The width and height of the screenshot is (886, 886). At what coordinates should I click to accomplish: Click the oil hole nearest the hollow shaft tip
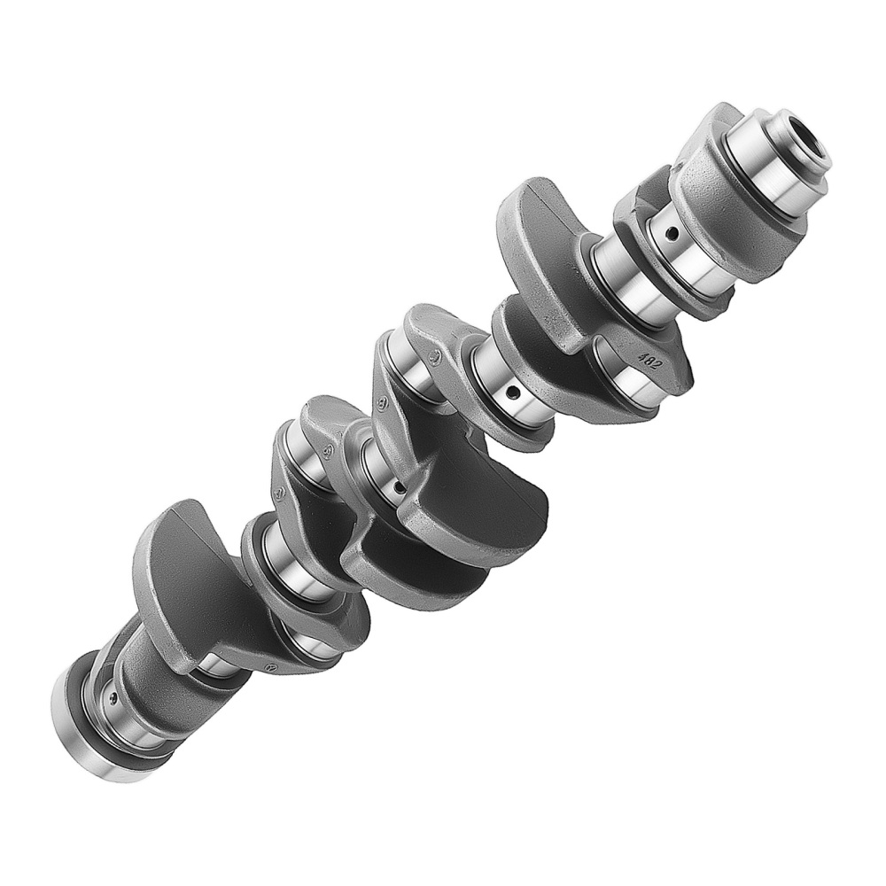pyautogui.click(x=672, y=234)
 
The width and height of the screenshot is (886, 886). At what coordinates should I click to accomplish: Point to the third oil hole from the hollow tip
pyautogui.click(x=399, y=486)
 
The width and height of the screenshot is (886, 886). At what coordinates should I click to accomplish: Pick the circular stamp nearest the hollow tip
pyautogui.click(x=434, y=358)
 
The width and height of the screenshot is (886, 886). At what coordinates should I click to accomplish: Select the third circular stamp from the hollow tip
pyautogui.click(x=326, y=453)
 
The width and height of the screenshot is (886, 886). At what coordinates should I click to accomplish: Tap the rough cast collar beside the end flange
pyautogui.click(x=142, y=673)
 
